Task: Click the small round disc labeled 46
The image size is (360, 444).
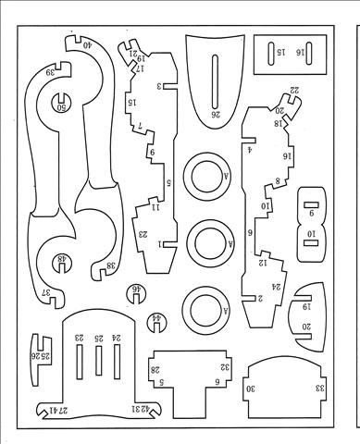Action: pos(136,290)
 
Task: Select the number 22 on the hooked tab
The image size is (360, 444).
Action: pos(293,90)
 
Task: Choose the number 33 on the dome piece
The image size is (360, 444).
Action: pos(319,388)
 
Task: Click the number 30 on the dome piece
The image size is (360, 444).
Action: pos(250,388)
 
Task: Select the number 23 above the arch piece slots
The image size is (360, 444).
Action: pos(80,339)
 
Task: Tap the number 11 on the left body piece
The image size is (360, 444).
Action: pos(156,207)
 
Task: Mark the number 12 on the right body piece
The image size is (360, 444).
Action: pos(263,264)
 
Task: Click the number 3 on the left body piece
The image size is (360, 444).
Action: pos(159,86)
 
